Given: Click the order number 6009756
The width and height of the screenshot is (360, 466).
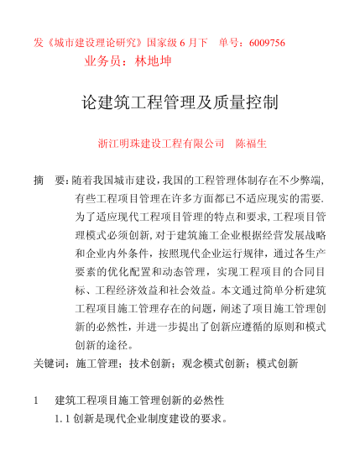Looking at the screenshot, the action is [x=263, y=43].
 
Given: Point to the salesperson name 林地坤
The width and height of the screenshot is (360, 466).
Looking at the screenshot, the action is [x=159, y=61].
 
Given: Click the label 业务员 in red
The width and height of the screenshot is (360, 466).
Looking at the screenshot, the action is [x=107, y=61].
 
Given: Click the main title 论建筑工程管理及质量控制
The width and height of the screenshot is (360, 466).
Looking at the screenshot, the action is [x=180, y=103].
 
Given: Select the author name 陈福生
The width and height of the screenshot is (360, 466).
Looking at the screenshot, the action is [x=252, y=143].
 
